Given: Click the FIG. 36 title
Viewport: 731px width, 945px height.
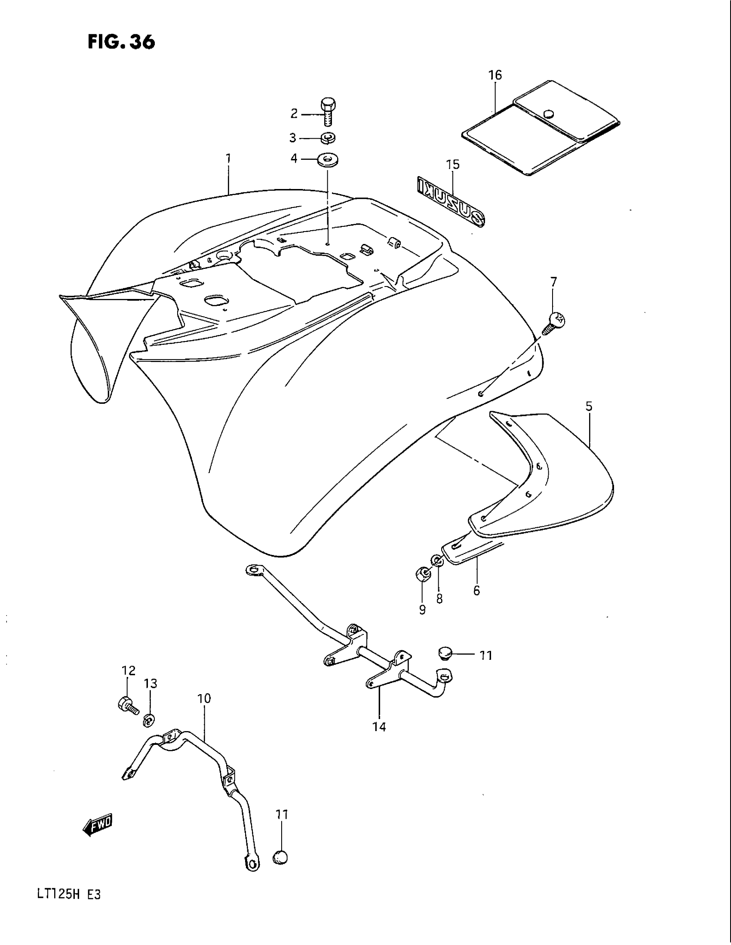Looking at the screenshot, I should (x=121, y=43).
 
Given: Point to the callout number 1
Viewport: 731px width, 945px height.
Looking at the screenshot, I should (x=228, y=159).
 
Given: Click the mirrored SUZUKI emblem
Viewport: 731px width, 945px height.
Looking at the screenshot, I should (x=450, y=201).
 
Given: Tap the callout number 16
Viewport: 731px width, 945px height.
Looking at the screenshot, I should (x=495, y=75).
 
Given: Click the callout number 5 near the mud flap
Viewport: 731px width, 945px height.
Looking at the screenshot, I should (x=589, y=406).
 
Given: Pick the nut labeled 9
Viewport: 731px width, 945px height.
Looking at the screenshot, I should (x=422, y=575).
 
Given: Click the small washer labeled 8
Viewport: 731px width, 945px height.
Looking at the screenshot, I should (x=437, y=561).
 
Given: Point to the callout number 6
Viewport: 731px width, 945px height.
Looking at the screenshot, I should (x=476, y=591).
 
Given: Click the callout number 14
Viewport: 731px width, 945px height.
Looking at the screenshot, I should (x=379, y=727).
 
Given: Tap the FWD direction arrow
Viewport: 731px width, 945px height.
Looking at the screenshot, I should (x=98, y=826).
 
